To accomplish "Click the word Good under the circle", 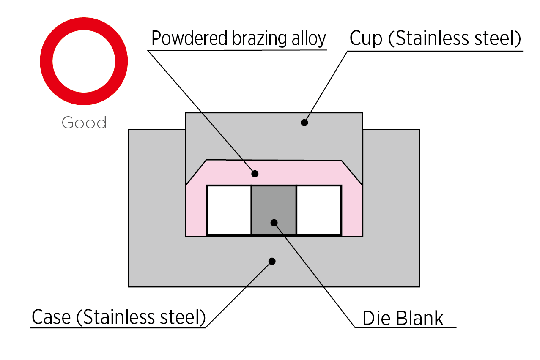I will click(x=84, y=123).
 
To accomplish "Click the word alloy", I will click(x=309, y=39).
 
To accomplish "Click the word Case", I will click(x=52, y=317).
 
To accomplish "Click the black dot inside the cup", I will click(x=304, y=123).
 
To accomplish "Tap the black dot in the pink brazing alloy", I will click(x=255, y=173).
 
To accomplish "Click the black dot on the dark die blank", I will click(x=274, y=222).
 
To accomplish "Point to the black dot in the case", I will click(x=272, y=261).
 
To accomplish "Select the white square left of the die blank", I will click(x=229, y=210).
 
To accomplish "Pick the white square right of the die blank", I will click(x=319, y=210).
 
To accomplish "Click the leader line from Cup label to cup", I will click(x=326, y=87).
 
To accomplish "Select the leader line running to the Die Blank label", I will click(x=315, y=275).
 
